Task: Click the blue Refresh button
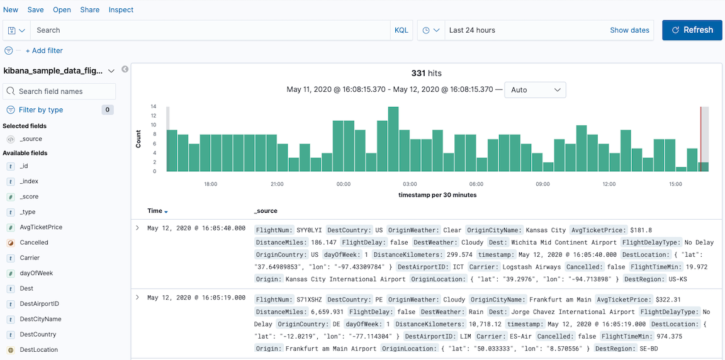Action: [692, 30]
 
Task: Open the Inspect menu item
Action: [121, 10]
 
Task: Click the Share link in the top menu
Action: [90, 10]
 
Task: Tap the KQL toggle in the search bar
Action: [401, 30]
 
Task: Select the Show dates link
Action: [629, 30]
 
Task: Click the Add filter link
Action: [44, 51]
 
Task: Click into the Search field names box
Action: [60, 91]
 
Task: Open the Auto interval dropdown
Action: [535, 90]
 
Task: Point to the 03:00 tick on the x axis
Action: [410, 184]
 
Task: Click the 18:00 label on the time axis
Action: [210, 184]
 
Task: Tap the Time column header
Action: [155, 211]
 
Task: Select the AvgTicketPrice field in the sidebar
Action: [41, 227]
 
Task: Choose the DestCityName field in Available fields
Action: [40, 319]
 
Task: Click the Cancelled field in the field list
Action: [34, 242]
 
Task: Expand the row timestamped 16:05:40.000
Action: [137, 228]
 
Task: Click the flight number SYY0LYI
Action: [310, 230]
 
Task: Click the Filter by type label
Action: [41, 110]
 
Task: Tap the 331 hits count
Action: [426, 74]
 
